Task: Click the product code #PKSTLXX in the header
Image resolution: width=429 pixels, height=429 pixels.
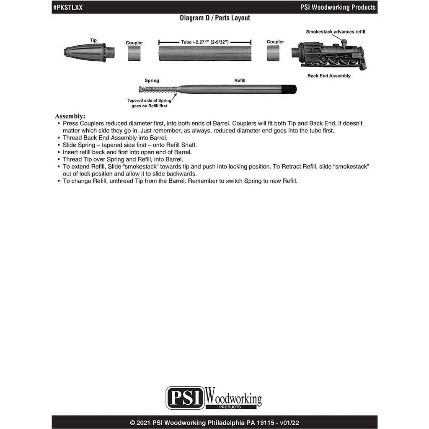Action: (68, 8)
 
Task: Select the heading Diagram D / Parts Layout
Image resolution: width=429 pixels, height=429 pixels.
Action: (215, 18)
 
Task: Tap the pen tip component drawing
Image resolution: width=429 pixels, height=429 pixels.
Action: (89, 52)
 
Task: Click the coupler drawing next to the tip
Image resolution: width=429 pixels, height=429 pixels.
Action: (134, 53)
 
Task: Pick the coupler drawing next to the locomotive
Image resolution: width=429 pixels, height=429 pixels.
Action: (273, 53)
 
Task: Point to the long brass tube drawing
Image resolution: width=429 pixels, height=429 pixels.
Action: (205, 53)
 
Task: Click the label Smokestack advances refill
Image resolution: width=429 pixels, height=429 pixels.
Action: (336, 32)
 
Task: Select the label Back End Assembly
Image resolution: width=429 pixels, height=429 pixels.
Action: (329, 76)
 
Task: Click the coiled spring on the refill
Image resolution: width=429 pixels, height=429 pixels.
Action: (158, 89)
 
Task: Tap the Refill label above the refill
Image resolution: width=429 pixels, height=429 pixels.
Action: (240, 80)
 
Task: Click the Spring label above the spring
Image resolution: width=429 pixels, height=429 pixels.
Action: (152, 80)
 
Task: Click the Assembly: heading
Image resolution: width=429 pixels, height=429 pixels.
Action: (70, 116)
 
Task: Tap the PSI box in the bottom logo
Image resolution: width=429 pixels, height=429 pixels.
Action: (185, 398)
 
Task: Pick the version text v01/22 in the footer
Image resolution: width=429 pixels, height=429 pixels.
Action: (289, 423)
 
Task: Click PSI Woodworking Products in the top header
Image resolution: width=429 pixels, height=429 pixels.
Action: (338, 8)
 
